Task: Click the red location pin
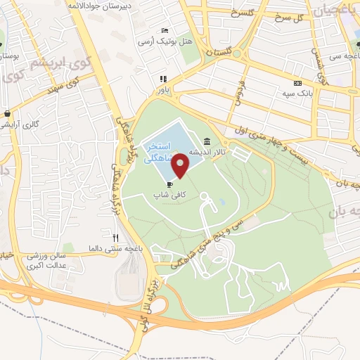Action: coord(181,165)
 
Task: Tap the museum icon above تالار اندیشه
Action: coord(206,141)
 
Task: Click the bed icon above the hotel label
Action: coord(164,31)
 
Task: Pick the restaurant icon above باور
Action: coord(162,79)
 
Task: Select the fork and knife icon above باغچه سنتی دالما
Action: coord(116,238)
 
